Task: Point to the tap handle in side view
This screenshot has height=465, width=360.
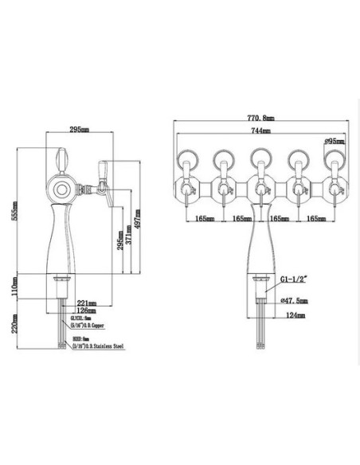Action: coord(101,168)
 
